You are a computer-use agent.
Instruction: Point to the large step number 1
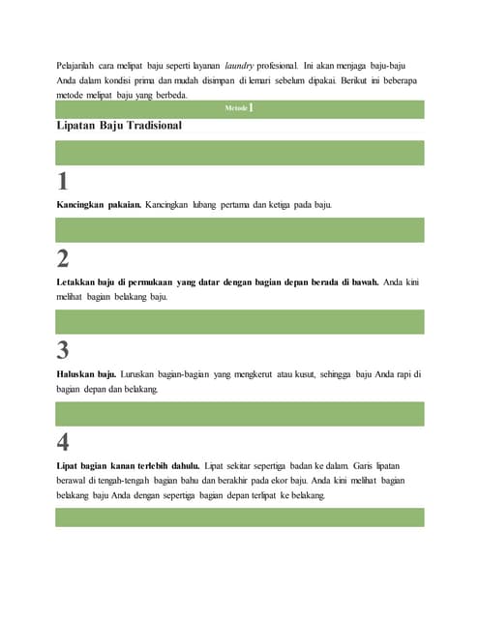63,181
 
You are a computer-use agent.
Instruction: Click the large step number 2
63,258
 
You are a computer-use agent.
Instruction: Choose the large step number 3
63,350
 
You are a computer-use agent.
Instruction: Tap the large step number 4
63,442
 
